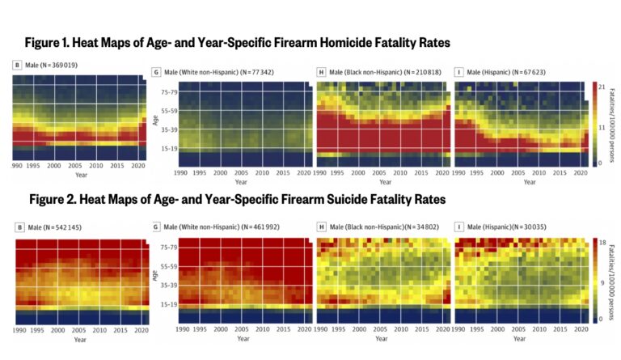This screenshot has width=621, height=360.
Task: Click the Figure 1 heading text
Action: (237, 41)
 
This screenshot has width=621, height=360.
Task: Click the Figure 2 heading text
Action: (237, 198)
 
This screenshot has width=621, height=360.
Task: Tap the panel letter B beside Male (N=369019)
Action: (17, 64)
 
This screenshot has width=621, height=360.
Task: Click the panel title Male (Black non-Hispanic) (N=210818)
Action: (376, 73)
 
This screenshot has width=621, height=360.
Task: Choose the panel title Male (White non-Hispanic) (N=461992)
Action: (214, 229)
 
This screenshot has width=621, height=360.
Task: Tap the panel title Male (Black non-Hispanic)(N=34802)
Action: (375, 229)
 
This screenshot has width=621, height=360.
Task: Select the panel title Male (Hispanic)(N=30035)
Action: (502, 229)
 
